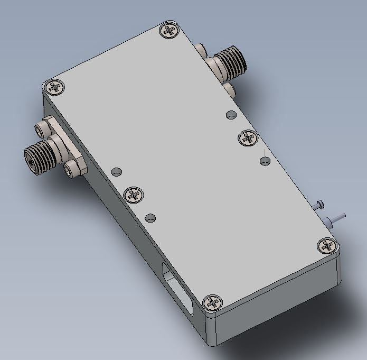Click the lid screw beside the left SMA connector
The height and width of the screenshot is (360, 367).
pyautogui.click(x=55, y=87)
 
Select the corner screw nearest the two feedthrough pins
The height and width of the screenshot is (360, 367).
pyautogui.click(x=327, y=245)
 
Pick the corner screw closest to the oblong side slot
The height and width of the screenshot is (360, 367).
pyautogui.click(x=214, y=302)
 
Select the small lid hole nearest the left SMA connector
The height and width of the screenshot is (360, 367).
pyautogui.click(x=117, y=172)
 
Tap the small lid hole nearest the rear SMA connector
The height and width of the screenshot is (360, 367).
pyautogui.click(x=231, y=114)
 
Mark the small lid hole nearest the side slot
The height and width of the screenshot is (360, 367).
pyautogui.click(x=151, y=218)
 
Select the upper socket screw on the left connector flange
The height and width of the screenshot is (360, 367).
pyautogui.click(x=42, y=129)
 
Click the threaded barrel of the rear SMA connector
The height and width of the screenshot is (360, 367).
pyautogui.click(x=229, y=59)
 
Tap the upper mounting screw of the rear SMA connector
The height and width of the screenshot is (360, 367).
pyautogui.click(x=201, y=50)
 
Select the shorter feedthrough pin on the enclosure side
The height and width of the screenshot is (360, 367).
pyautogui.click(x=318, y=205)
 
